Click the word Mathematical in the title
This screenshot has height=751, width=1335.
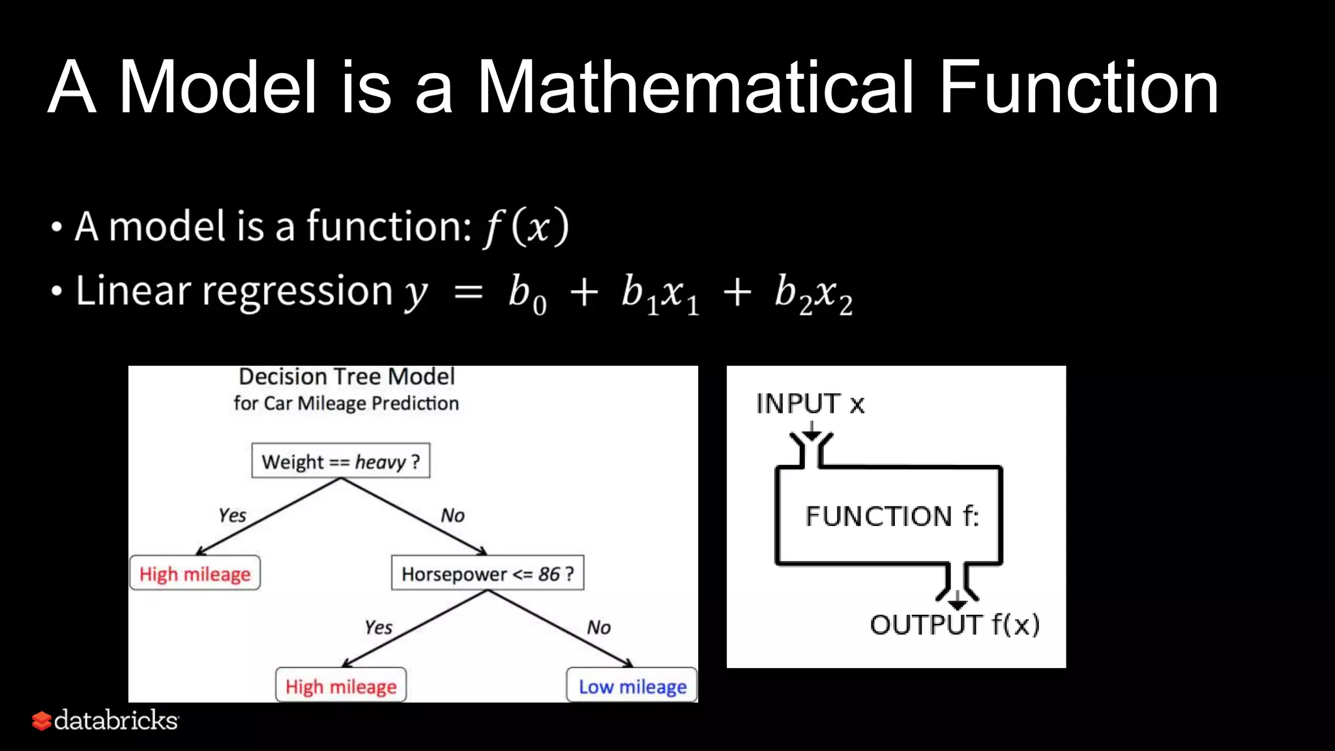pyautogui.click(x=696, y=87)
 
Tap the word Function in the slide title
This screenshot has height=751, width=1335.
pyautogui.click(x=1078, y=87)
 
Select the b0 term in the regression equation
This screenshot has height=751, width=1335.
pyautogui.click(x=527, y=293)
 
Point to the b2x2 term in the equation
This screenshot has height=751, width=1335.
pyautogui.click(x=813, y=293)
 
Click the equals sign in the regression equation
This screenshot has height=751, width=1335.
pyautogui.click(x=468, y=293)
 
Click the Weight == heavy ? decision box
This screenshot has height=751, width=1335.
pyautogui.click(x=340, y=462)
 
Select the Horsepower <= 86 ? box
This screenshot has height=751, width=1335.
pyautogui.click(x=487, y=574)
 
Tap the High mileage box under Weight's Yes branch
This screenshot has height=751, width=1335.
pyautogui.click(x=195, y=574)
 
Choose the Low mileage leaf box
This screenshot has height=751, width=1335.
pyautogui.click(x=632, y=686)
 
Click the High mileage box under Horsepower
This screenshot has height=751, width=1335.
pyautogui.click(x=340, y=686)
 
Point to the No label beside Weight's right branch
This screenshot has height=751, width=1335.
pyautogui.click(x=452, y=516)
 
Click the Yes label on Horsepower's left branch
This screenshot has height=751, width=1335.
pyautogui.click(x=378, y=627)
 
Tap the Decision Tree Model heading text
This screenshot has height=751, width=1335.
pyautogui.click(x=346, y=377)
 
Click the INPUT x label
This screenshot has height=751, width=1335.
pyautogui.click(x=810, y=404)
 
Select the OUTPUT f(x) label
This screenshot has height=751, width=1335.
pyautogui.click(x=954, y=625)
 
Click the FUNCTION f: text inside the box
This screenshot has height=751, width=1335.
pyautogui.click(x=891, y=516)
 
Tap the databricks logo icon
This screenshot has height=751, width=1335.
pyautogui.click(x=42, y=720)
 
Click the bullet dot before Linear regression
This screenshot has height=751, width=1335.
pyautogui.click(x=57, y=292)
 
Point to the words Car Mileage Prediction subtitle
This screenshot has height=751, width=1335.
pyautogui.click(x=377, y=404)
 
